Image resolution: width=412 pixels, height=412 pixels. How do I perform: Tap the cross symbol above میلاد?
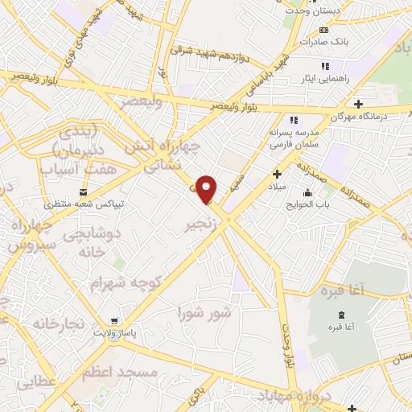tap(277, 174)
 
